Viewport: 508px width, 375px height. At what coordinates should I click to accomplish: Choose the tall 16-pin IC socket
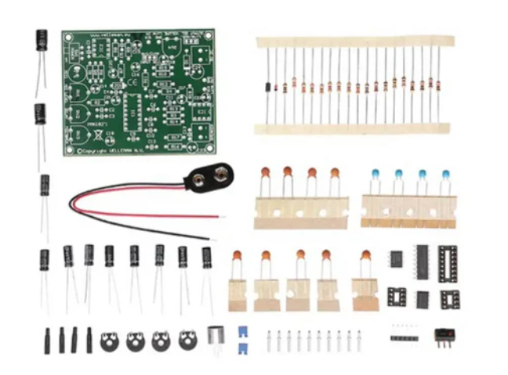448,261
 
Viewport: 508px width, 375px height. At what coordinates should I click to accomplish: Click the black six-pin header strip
404,337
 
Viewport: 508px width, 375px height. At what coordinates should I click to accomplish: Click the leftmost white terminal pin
270,341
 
